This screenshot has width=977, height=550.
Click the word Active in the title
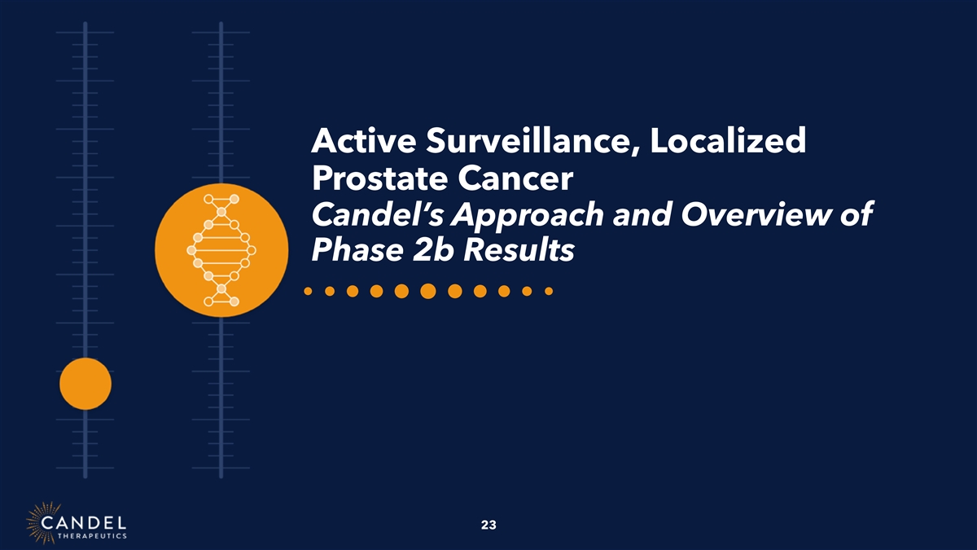coord(364,140)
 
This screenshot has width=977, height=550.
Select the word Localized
coord(728,140)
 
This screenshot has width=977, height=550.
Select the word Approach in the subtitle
coord(528,216)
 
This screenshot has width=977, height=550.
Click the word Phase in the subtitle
coord(357,251)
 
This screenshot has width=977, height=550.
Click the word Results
coord(519,251)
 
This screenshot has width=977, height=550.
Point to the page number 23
coord(488,525)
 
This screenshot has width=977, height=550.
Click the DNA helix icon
coord(221,250)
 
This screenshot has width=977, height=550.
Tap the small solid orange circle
coord(85,384)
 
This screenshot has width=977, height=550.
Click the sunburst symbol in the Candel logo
coord(43,522)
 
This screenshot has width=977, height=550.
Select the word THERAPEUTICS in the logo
coord(92,536)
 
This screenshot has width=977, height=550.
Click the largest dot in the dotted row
coord(428,291)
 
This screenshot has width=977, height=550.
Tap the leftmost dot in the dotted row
coord(308,291)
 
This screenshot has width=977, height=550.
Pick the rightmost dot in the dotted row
coord(549,291)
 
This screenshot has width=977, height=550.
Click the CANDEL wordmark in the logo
coord(83,522)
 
